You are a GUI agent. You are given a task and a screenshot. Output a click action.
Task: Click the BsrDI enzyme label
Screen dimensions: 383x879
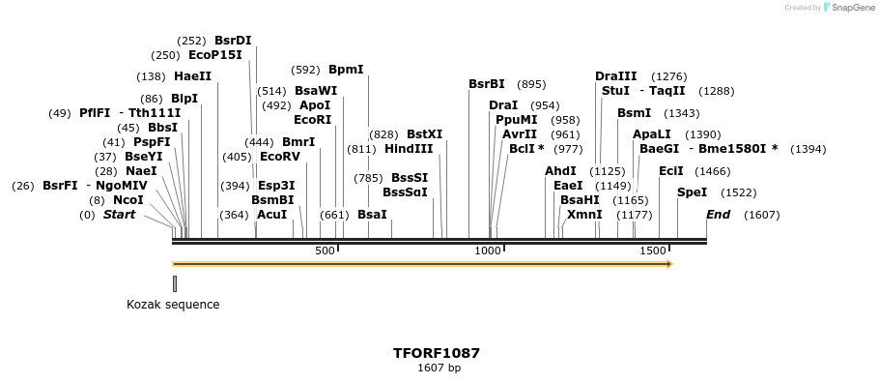coord(233,41)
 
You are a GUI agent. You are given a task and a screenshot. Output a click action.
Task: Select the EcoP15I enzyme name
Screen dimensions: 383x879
coord(215,56)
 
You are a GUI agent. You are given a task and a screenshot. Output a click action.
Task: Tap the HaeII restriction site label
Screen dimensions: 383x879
coord(192,76)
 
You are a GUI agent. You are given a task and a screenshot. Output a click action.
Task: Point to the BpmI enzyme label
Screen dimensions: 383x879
coord(346,70)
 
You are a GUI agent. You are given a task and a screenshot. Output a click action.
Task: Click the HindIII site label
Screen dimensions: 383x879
coord(409,149)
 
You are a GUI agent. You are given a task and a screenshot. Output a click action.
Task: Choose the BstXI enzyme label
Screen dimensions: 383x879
coord(424,134)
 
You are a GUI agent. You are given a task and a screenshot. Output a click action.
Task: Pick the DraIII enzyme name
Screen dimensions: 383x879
coord(616,76)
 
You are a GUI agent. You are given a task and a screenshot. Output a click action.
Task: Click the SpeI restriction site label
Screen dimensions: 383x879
coord(692,192)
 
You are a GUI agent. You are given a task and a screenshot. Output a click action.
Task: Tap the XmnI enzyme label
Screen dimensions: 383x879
coord(584,215)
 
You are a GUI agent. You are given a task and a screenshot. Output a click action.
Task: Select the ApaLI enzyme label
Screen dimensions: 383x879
coord(651,134)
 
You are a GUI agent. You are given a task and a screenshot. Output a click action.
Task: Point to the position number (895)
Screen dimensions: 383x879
coord(531,84)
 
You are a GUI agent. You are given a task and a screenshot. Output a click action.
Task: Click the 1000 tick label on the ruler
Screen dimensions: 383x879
coord(488,250)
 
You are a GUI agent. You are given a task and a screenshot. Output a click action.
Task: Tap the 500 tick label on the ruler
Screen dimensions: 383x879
coord(325,250)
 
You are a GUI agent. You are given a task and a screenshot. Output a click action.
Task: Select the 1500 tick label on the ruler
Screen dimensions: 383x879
coord(653,250)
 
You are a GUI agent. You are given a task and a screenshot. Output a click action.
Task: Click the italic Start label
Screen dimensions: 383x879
coord(119,215)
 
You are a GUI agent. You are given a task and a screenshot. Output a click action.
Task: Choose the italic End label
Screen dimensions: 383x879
coord(718,215)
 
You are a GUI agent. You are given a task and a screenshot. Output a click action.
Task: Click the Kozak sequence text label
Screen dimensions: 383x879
coord(173,305)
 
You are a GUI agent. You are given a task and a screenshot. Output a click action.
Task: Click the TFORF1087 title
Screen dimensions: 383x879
coord(437,353)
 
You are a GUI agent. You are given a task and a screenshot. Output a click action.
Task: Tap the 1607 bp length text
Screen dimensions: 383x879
coord(439,368)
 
